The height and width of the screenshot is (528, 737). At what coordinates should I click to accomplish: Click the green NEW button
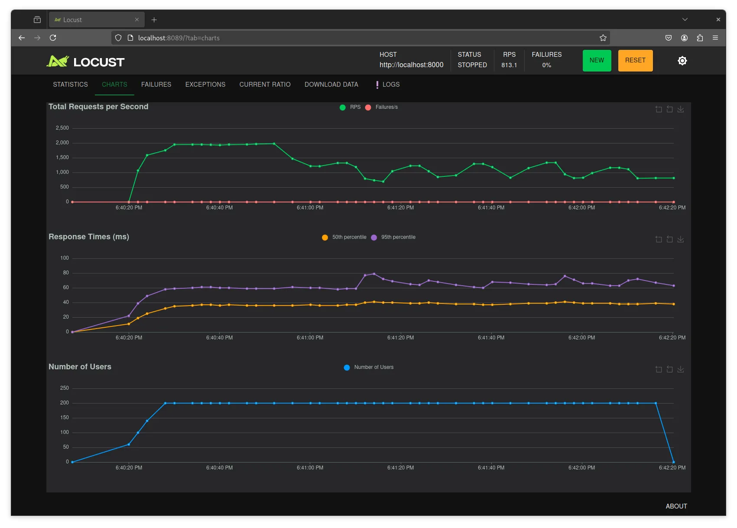pyautogui.click(x=597, y=61)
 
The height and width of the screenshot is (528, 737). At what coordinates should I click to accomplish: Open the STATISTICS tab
pyautogui.click(x=71, y=85)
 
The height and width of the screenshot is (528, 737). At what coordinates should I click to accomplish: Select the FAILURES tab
pyautogui.click(x=156, y=85)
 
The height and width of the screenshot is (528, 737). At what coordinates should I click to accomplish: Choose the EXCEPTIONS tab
pyautogui.click(x=205, y=85)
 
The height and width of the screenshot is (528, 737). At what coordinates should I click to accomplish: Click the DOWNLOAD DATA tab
pyautogui.click(x=331, y=85)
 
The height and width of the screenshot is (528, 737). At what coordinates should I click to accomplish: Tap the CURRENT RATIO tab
pyautogui.click(x=265, y=85)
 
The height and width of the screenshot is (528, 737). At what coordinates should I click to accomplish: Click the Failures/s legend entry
pyautogui.click(x=382, y=108)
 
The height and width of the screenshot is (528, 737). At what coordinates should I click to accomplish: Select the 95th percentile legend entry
pyautogui.click(x=393, y=237)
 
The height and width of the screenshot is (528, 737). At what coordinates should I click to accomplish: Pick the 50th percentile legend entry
pyautogui.click(x=344, y=237)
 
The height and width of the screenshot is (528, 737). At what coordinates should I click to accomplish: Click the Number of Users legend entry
pyautogui.click(x=368, y=367)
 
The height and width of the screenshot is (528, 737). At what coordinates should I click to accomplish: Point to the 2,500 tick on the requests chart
pyautogui.click(x=62, y=128)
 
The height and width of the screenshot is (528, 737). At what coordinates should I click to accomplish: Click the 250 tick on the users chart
pyautogui.click(x=65, y=388)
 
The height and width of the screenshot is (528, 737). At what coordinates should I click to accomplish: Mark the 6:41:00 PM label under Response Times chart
pyautogui.click(x=310, y=338)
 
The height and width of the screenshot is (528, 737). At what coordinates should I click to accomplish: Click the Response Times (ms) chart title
pyautogui.click(x=89, y=237)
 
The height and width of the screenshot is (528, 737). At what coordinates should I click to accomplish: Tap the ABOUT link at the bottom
pyautogui.click(x=676, y=506)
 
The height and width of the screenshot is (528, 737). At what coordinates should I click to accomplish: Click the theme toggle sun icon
pyautogui.click(x=682, y=61)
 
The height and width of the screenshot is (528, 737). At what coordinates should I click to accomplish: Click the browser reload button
pyautogui.click(x=53, y=38)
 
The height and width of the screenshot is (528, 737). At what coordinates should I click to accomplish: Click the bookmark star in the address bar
pyautogui.click(x=603, y=38)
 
